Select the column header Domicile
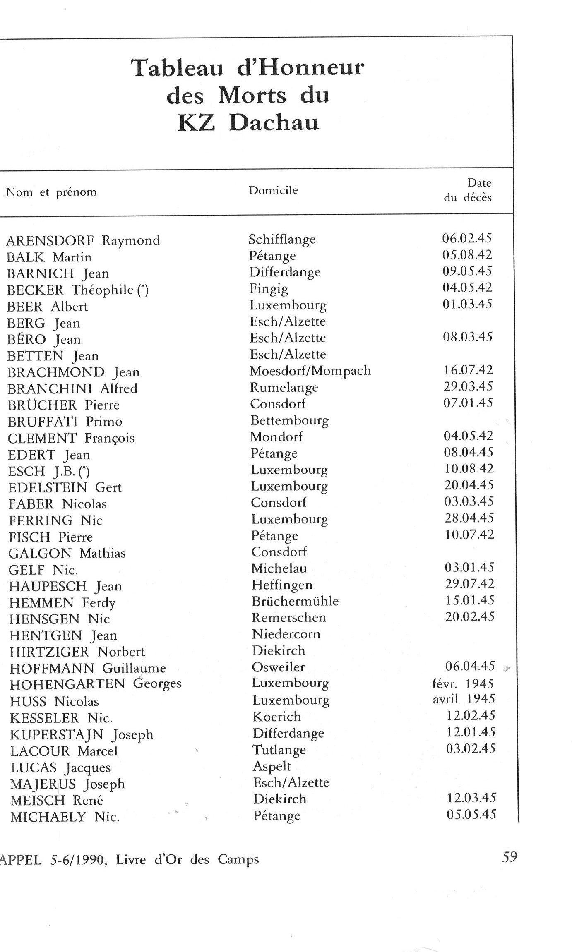tap(273, 190)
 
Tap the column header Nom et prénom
tap(51, 192)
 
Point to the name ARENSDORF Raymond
tap(83, 240)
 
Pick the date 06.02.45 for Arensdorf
tap(466, 238)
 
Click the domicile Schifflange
tap(282, 239)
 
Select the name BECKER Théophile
tap(77, 290)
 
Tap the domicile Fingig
tap(269, 289)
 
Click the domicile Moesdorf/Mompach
tap(310, 371)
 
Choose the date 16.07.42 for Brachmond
tap(468, 370)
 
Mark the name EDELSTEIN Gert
tap(65, 487)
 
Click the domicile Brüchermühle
tap(295, 601)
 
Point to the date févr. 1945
tap(463, 683)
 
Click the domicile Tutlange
tap(279, 750)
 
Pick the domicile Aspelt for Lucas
tap(272, 766)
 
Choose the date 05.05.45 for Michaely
tap(471, 814)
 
